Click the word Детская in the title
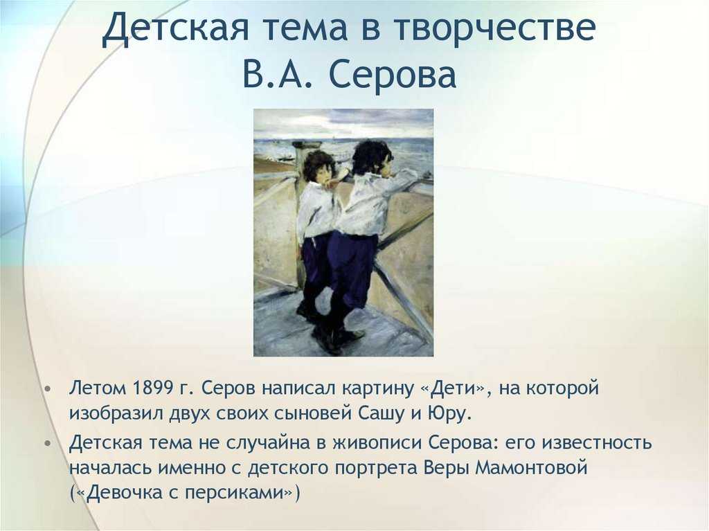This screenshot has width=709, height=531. (175, 28)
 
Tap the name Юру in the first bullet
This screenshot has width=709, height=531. (449, 414)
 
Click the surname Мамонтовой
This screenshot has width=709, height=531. (531, 467)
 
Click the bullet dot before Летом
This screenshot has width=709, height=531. (48, 390)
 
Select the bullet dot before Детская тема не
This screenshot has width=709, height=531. (48, 444)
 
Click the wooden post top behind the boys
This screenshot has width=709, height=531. (305, 145)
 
